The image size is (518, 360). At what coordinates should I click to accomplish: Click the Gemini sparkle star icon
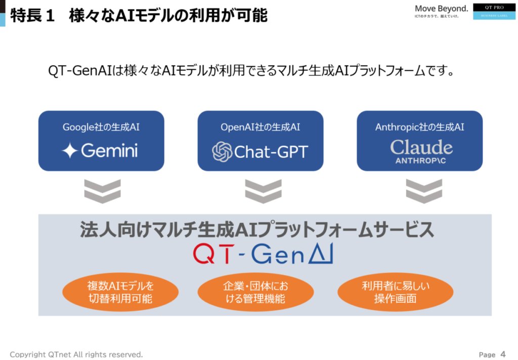click(x=70, y=150)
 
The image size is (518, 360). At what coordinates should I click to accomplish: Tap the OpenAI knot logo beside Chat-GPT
click(x=222, y=152)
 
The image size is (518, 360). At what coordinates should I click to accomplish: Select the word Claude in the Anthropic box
click(x=421, y=147)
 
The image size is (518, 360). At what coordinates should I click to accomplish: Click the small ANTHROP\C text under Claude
click(x=420, y=161)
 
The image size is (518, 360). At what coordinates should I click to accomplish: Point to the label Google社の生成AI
click(x=101, y=127)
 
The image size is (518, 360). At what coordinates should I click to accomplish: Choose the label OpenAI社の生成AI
click(x=261, y=127)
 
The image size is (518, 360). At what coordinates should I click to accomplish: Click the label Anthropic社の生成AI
click(x=419, y=127)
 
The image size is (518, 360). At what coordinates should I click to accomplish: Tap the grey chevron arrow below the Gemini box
click(x=102, y=191)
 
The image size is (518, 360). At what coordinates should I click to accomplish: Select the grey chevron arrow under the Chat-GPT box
click(x=263, y=191)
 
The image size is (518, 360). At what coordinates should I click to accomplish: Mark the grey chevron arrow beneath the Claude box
click(x=424, y=191)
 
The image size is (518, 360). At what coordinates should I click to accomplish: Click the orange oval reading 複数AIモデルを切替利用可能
click(x=120, y=292)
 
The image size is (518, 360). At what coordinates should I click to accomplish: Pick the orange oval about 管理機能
click(x=255, y=292)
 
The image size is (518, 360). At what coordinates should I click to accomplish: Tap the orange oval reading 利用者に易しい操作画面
click(x=396, y=292)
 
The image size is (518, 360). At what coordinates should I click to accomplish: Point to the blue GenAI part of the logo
click(x=292, y=254)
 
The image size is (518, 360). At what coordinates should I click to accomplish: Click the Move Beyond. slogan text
click(x=441, y=9)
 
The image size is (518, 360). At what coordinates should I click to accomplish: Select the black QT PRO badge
click(x=494, y=7)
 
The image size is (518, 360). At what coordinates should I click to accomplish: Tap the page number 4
click(x=503, y=354)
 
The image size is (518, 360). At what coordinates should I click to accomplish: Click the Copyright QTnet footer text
click(x=76, y=354)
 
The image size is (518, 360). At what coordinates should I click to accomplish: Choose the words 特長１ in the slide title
click(x=32, y=16)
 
